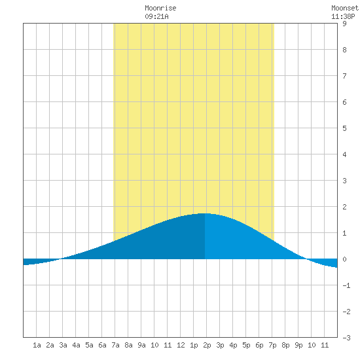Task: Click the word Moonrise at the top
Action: pyautogui.click(x=160, y=8)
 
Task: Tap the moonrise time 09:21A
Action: pyautogui.click(x=156, y=16)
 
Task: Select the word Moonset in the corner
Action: pyautogui.click(x=345, y=8)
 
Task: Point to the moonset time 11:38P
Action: pyautogui.click(x=343, y=16)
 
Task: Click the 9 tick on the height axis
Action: pyautogui.click(x=344, y=24)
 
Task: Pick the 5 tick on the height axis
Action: pyautogui.click(x=344, y=128)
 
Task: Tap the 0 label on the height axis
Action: pyautogui.click(x=344, y=259)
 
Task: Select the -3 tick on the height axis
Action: pyautogui.click(x=346, y=338)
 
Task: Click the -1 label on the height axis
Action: pyautogui.click(x=346, y=285)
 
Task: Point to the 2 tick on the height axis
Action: pyautogui.click(x=344, y=207)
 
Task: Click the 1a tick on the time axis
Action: pyautogui.click(x=37, y=345)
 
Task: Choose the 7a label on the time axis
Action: pyautogui.click(x=115, y=345)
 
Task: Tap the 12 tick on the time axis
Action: pyautogui.click(x=181, y=345)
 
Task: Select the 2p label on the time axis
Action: pyautogui.click(x=207, y=345)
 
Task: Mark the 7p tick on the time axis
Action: pyautogui.click(x=272, y=345)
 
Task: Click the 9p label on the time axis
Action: pyautogui.click(x=298, y=345)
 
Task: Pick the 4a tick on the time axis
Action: pyautogui.click(x=76, y=345)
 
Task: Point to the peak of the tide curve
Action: pyautogui.click(x=205, y=213)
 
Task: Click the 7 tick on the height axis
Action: pyautogui.click(x=344, y=76)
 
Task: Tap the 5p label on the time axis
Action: pyautogui.click(x=246, y=345)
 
